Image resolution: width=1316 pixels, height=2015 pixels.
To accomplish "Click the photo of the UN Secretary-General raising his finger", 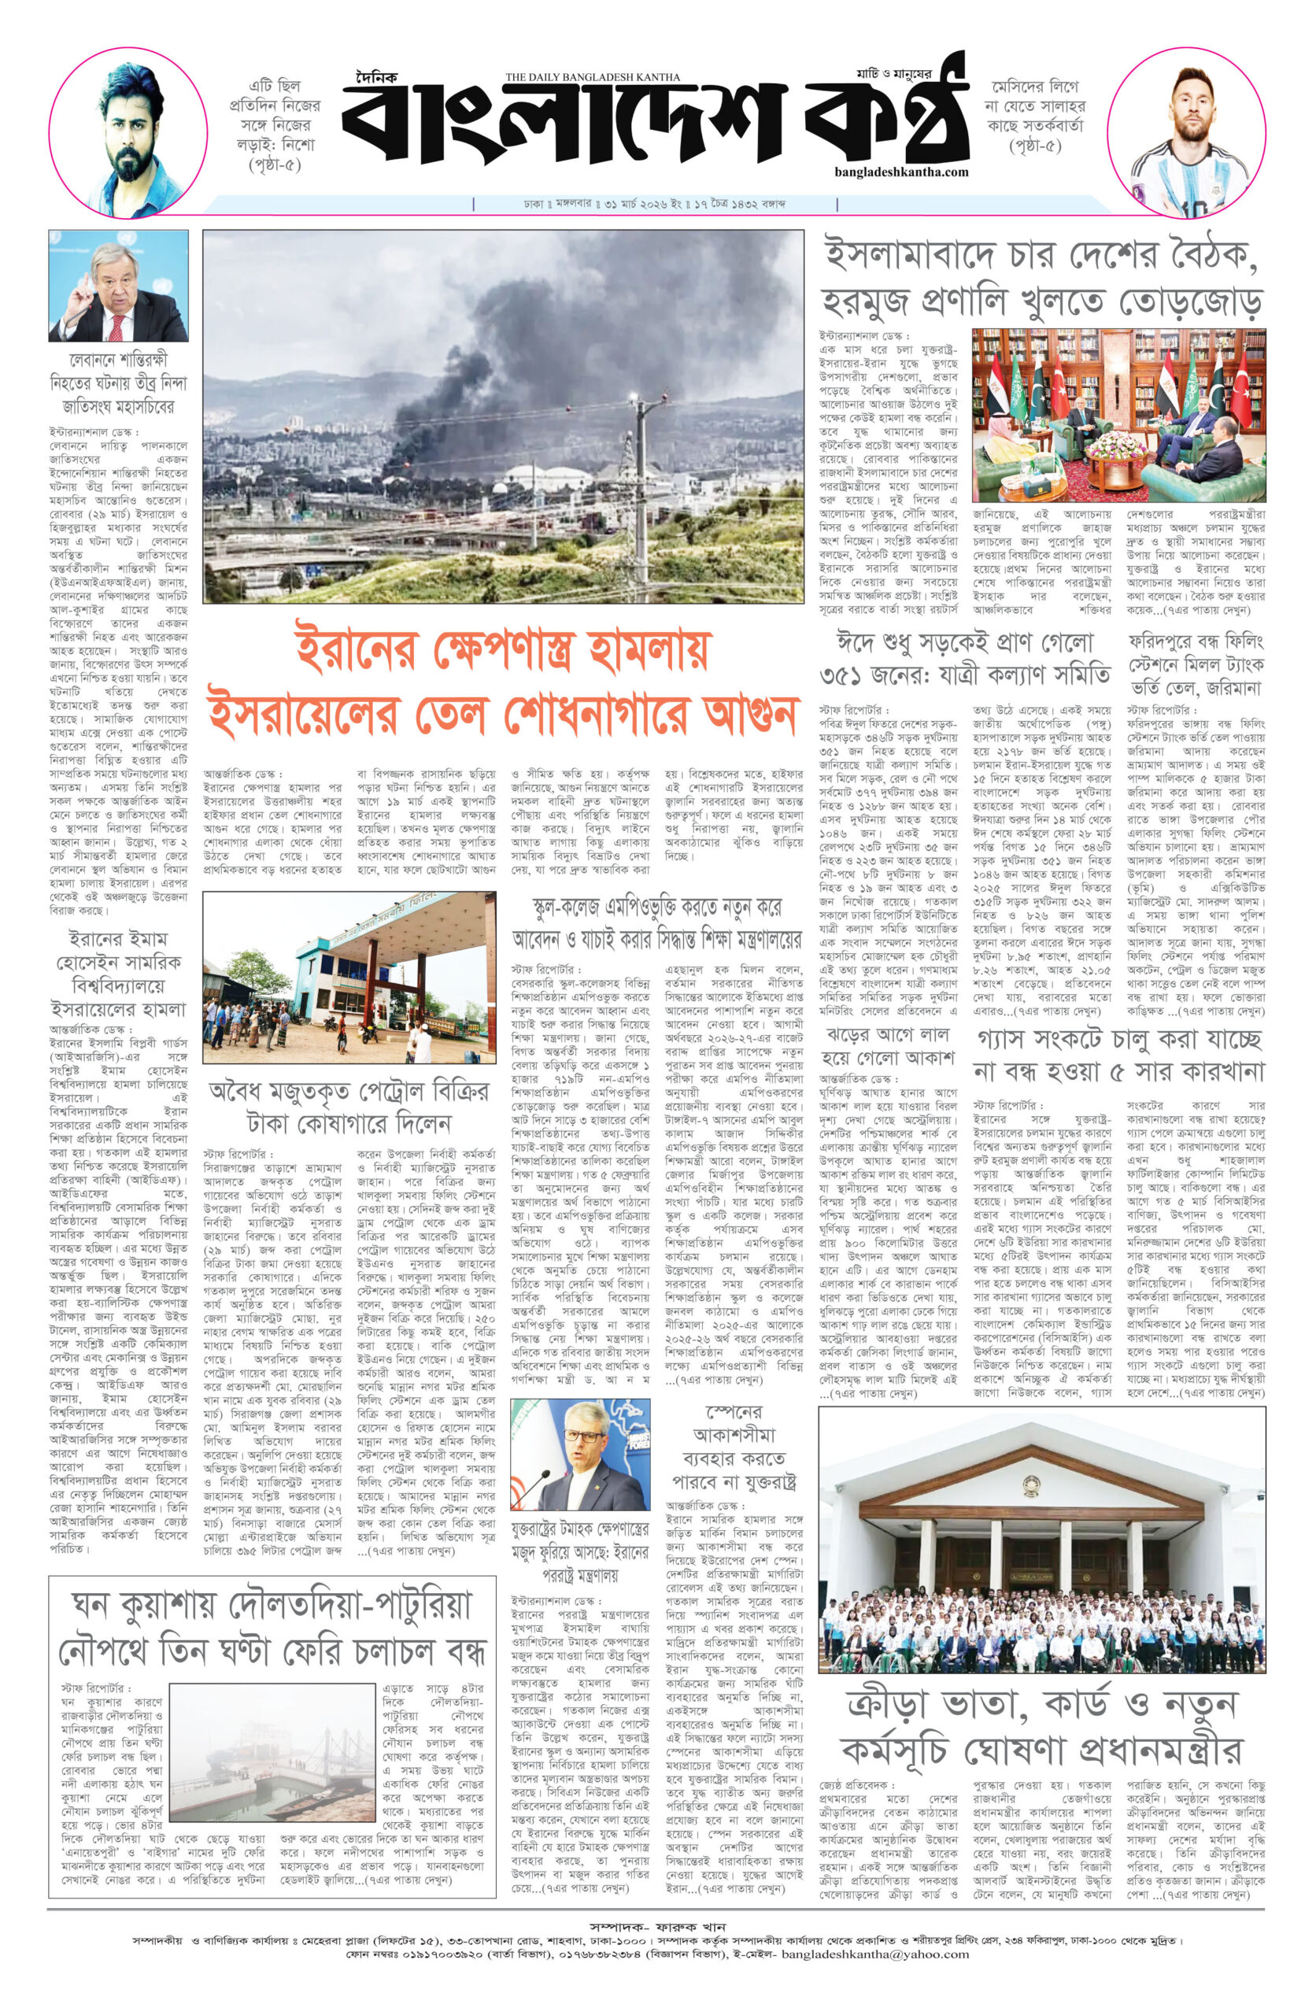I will [119, 285].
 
